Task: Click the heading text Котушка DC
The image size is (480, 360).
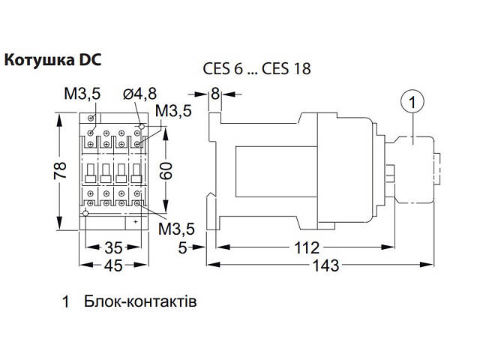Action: (52, 59)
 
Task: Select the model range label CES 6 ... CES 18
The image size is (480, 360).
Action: (256, 69)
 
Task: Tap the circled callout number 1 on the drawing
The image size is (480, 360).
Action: (411, 100)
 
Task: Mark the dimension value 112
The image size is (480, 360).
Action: (307, 247)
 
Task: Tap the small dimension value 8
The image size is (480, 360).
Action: (216, 94)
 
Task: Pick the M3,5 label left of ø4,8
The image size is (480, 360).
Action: (81, 94)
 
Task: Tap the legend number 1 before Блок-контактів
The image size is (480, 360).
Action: (66, 304)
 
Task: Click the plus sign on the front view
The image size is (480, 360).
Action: (135, 222)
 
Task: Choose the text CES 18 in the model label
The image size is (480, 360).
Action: (291, 69)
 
